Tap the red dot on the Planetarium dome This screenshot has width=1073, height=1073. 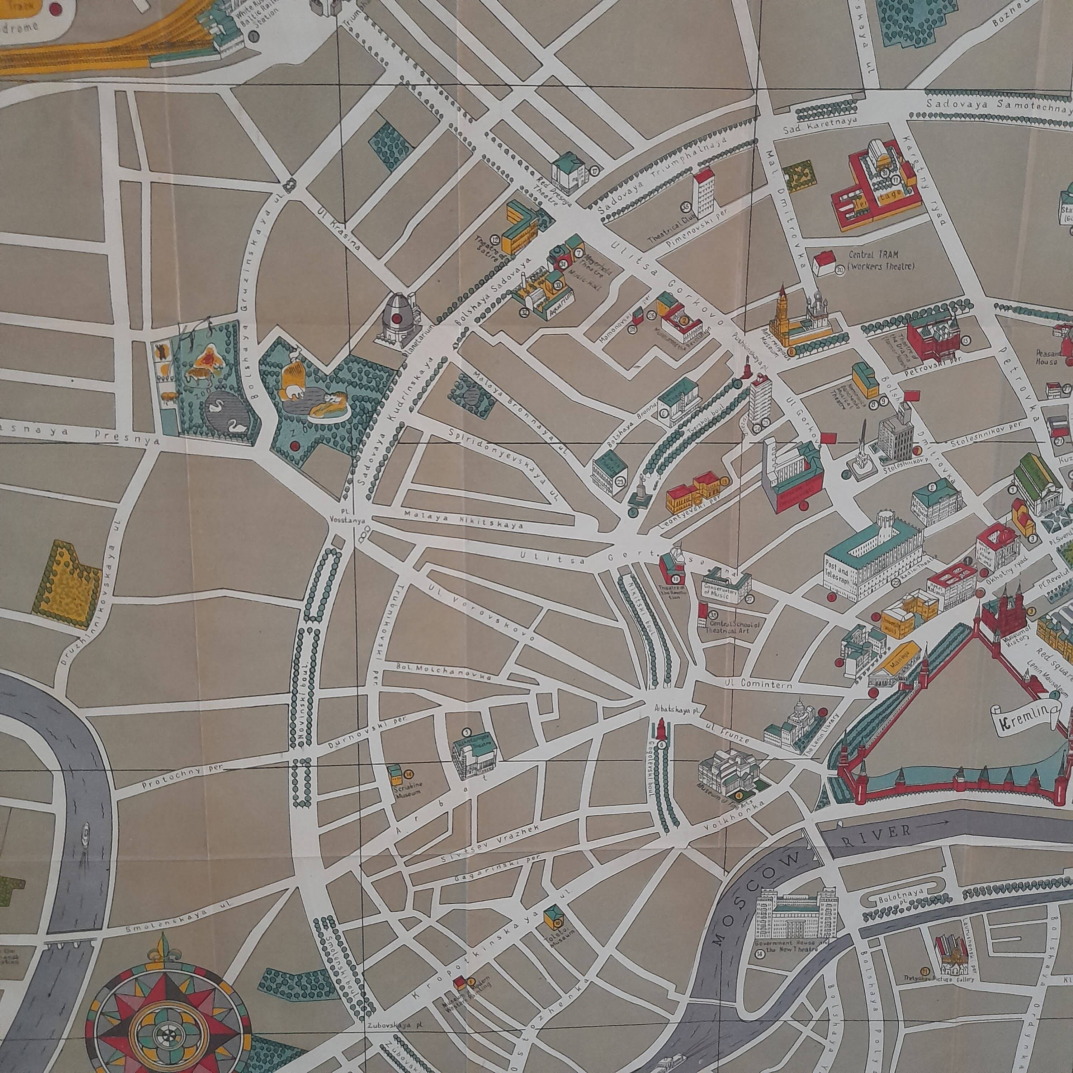coord(398,318)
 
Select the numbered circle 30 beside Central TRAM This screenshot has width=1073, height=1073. coord(840,269)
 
